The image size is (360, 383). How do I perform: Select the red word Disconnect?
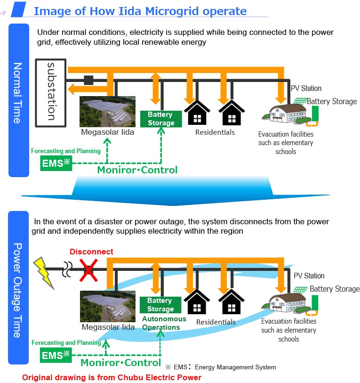(91, 252)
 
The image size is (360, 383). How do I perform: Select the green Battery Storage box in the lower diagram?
(160, 305)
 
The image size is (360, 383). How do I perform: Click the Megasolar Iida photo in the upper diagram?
(108, 112)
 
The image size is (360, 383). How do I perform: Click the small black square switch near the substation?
(88, 80)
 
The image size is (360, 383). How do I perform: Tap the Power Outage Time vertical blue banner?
(18, 290)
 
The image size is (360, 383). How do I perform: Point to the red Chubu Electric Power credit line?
(112, 377)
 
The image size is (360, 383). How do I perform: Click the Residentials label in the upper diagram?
(215, 132)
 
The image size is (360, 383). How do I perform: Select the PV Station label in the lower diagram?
(309, 276)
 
